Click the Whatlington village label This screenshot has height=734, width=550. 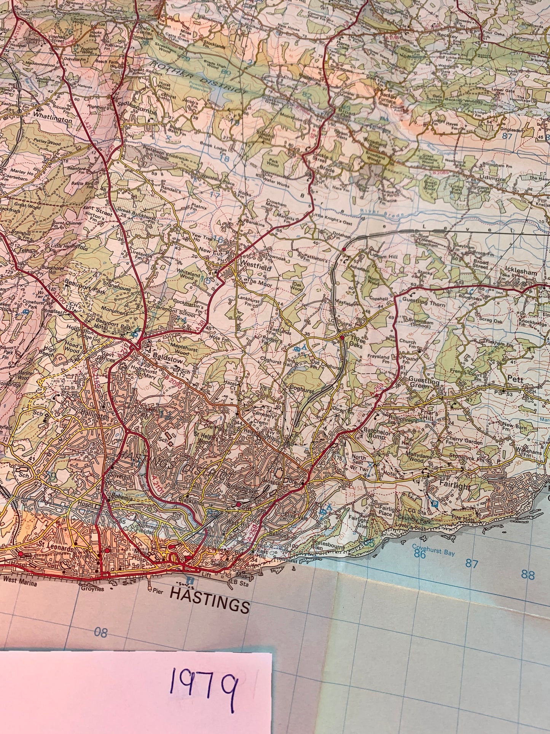coord(52,119)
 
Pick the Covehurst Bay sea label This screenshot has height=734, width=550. coord(433,551)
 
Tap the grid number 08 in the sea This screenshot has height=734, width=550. coord(101,633)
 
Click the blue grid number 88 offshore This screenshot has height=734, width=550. coord(528,575)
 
